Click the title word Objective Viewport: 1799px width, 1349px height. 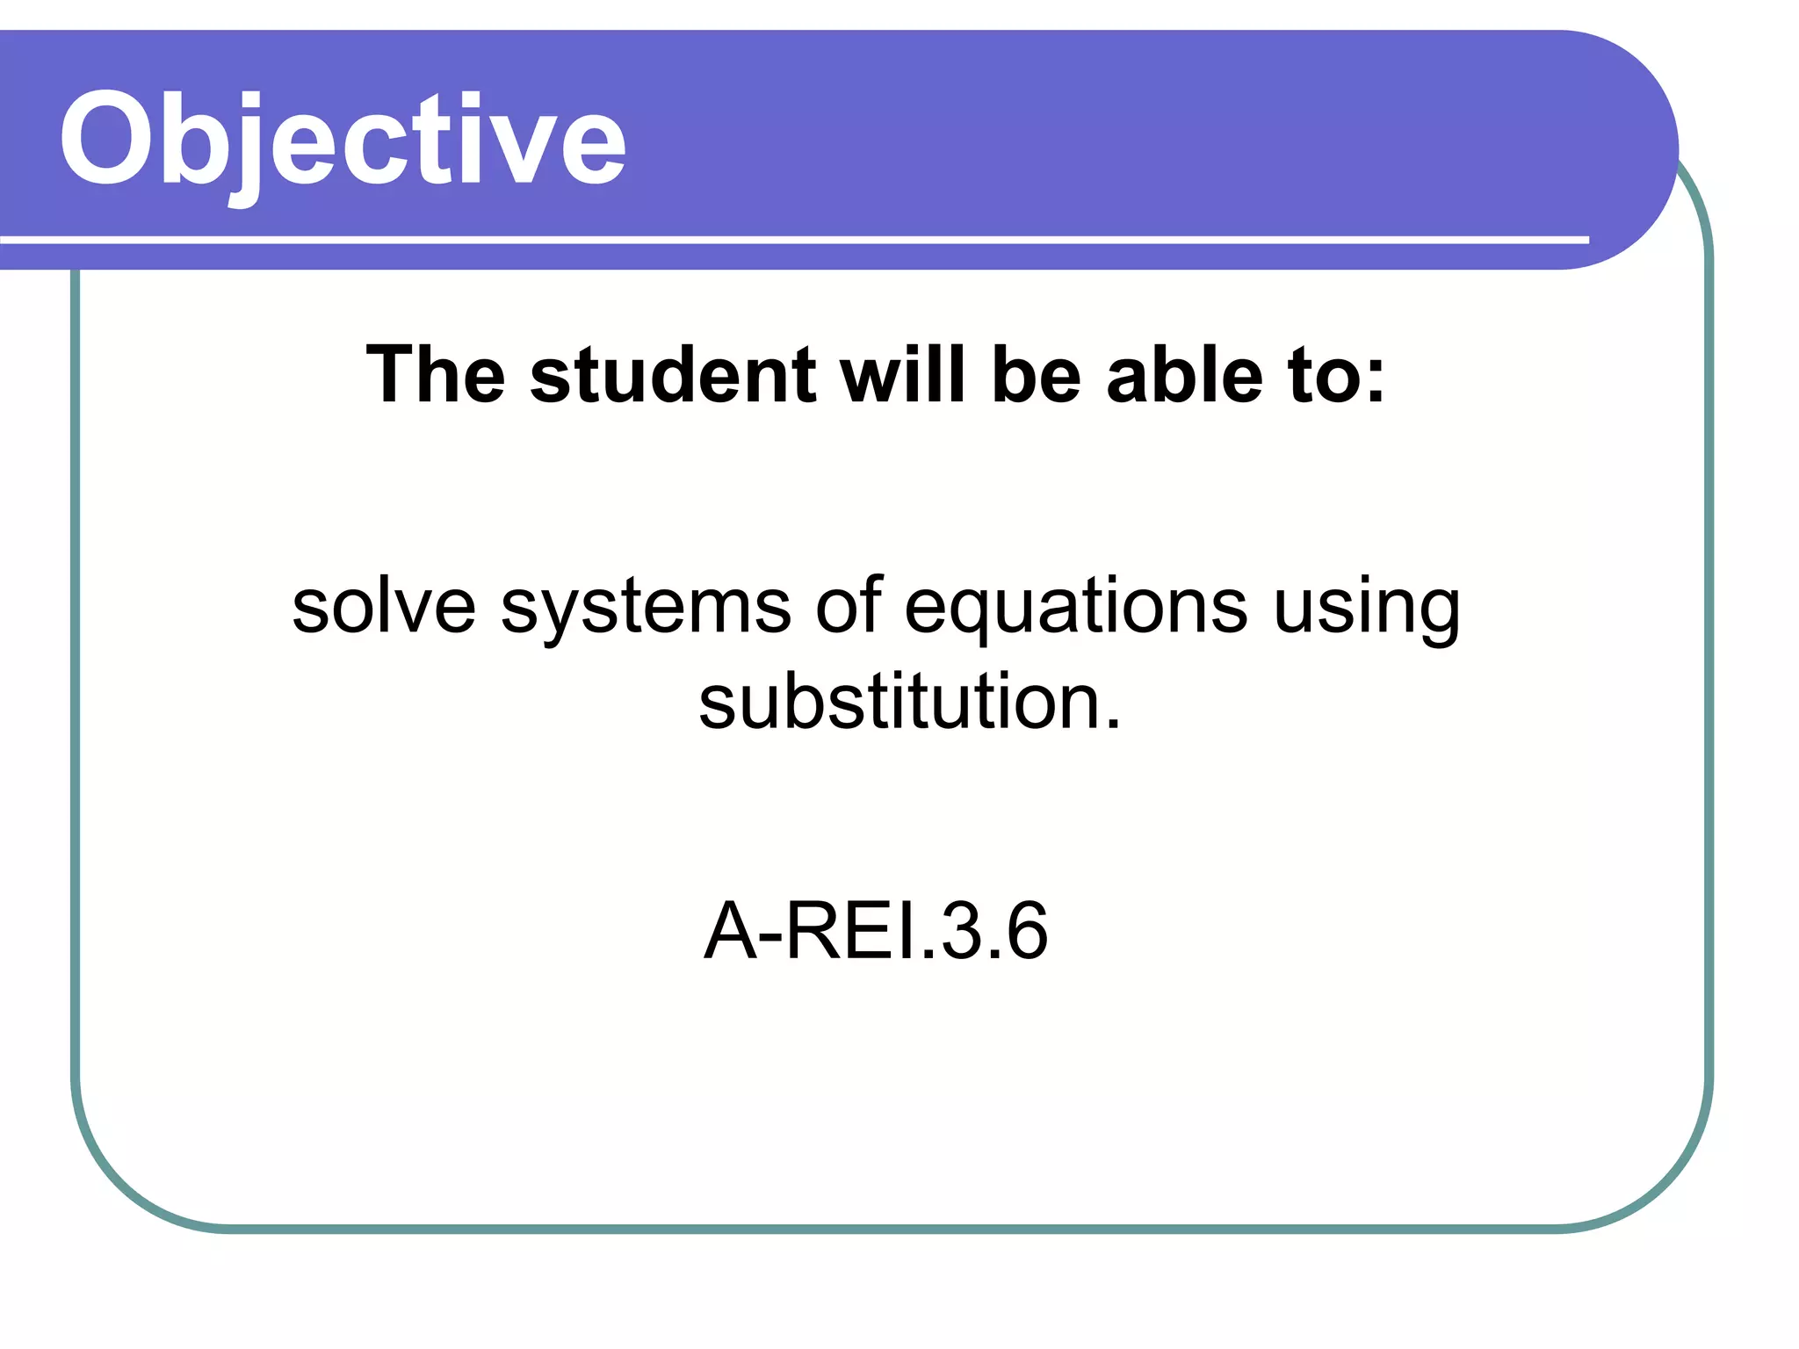point(343,141)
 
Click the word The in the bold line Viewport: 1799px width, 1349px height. point(435,375)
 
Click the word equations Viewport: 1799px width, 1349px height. point(1076,609)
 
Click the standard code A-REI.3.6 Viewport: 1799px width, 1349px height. point(876,930)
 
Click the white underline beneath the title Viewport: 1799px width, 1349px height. point(791,239)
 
